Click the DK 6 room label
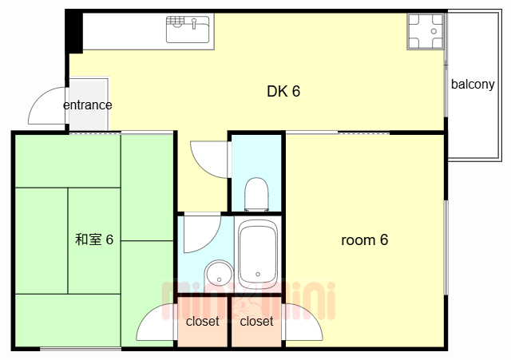pos(283,91)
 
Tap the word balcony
pos(473,85)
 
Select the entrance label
pos(87,105)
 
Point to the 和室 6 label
pos(94,239)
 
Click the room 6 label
pos(364,239)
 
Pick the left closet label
pos(203,322)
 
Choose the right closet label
pos(256,322)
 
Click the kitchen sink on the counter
pos(188,30)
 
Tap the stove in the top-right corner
pos(425,31)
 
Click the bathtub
pos(257,253)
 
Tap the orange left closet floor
pos(203,335)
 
